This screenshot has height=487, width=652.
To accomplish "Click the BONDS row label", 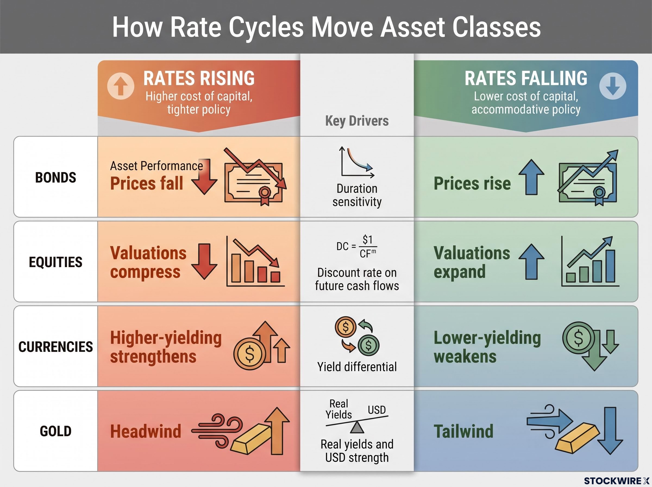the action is click(55, 177).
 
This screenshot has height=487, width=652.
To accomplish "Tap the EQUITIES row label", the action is click(55, 262).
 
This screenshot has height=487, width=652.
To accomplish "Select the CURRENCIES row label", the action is click(55, 347).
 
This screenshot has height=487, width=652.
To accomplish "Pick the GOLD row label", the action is click(55, 431).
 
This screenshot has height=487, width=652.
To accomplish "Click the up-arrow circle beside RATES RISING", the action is click(121, 86).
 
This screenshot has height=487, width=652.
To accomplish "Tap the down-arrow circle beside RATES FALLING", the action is click(613, 86).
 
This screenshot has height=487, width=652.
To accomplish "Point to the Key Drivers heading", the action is click(357, 121).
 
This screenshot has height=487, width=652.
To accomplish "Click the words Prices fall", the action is click(146, 183).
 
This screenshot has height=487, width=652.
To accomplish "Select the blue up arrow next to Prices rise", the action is click(531, 177).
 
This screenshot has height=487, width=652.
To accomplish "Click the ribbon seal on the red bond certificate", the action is click(265, 195).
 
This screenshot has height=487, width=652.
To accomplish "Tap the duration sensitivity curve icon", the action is click(356, 162).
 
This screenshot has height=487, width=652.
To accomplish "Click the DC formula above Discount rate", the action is click(356, 246).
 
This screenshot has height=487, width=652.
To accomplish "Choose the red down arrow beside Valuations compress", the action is click(204, 261).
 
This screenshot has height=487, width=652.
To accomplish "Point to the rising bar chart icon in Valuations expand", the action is click(590, 261).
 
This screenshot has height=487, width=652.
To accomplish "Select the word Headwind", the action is click(146, 431).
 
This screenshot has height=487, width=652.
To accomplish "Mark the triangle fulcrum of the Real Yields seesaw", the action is click(357, 427).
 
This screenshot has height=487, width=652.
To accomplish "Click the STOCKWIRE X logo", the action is click(617, 481).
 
